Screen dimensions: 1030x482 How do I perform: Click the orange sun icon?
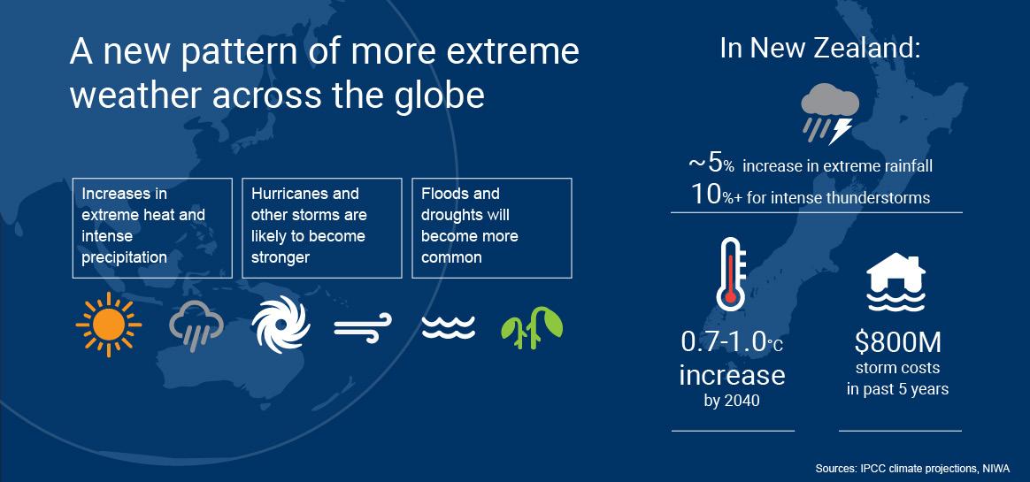click(108, 325)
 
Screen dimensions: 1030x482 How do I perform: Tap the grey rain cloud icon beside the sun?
click(196, 325)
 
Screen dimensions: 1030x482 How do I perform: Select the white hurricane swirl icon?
click(281, 325)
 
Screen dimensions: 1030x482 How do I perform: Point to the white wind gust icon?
click(363, 327)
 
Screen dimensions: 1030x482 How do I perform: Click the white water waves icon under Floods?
click(448, 327)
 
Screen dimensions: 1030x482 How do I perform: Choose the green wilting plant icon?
click(532, 327)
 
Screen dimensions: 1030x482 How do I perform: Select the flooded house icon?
click(895, 282)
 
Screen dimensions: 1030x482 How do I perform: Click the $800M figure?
click(898, 342)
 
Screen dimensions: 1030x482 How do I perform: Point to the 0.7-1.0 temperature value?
click(724, 342)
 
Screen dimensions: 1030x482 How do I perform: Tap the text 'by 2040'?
click(732, 400)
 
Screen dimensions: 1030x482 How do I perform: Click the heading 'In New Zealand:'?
click(819, 48)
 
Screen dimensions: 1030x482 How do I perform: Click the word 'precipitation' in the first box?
click(124, 257)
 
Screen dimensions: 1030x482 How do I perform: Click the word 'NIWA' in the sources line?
click(996, 468)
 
